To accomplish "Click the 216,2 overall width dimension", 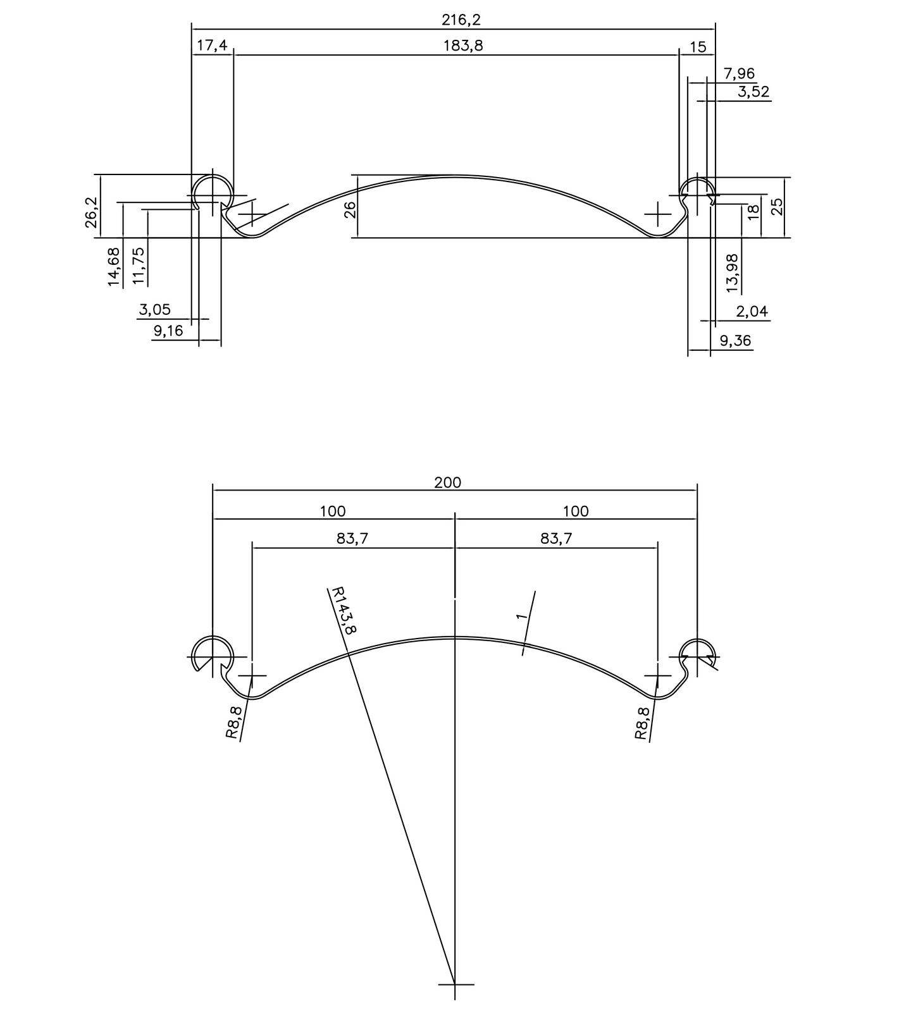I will click(461, 20).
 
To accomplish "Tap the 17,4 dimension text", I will click(212, 46).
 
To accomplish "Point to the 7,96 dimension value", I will click(739, 74).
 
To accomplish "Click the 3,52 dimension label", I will click(753, 92).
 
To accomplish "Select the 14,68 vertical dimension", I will click(114, 267).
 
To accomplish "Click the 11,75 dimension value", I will click(139, 265).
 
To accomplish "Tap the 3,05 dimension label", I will click(154, 310).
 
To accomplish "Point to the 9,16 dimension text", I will click(168, 331).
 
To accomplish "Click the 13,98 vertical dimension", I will click(732, 272).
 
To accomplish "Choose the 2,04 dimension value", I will click(752, 312).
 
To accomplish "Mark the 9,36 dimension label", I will click(735, 341).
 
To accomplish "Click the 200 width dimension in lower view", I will click(447, 483).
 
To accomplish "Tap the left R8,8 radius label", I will click(233, 722).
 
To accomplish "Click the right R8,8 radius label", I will click(641, 723).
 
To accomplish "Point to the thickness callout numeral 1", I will click(521, 616).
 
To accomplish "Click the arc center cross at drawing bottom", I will click(455, 984).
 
